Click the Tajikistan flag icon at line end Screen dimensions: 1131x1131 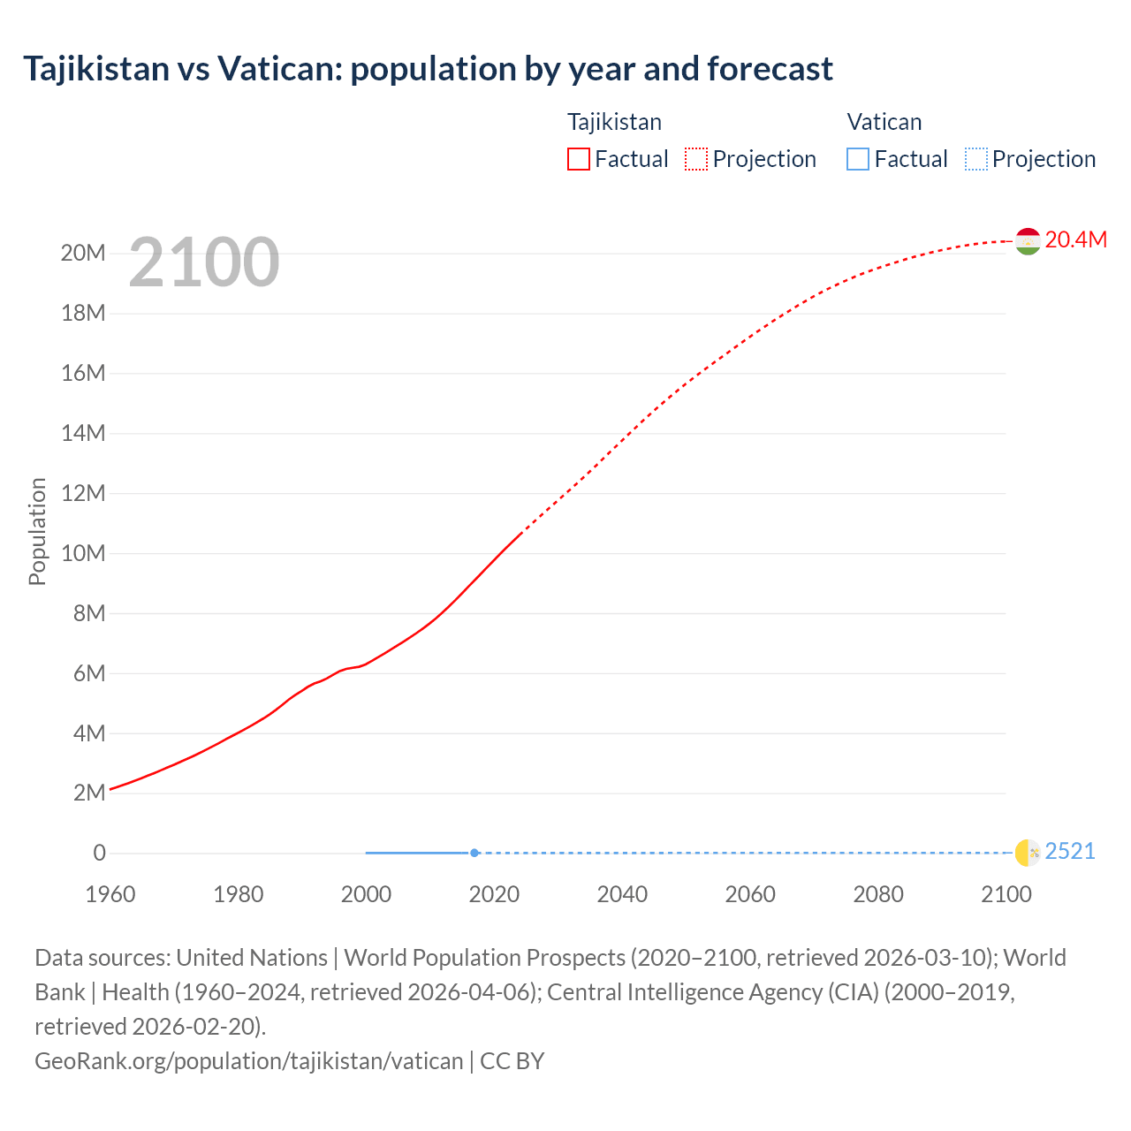pos(1027,241)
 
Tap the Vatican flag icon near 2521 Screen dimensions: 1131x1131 pos(1027,853)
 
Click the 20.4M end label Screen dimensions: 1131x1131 pos(1075,240)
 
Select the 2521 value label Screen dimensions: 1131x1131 pos(1069,852)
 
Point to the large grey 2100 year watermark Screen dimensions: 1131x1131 pos(204,262)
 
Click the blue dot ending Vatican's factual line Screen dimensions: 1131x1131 pos(474,853)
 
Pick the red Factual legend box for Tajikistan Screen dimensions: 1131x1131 pos(578,159)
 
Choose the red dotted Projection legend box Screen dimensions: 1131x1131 pos(696,159)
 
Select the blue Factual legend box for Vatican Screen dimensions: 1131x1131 pos(857,159)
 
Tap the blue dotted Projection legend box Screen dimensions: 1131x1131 pos(975,159)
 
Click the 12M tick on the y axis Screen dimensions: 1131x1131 pos(84,493)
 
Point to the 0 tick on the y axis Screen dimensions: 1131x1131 pos(99,853)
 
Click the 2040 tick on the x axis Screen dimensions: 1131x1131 pos(622,894)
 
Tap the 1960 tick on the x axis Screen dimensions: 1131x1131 pos(110,894)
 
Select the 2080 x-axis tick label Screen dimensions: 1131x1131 pos(878,894)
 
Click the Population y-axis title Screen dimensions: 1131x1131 pos(37,531)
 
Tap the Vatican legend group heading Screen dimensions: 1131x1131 pos(884,122)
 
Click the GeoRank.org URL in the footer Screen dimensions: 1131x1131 pos(248,1060)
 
